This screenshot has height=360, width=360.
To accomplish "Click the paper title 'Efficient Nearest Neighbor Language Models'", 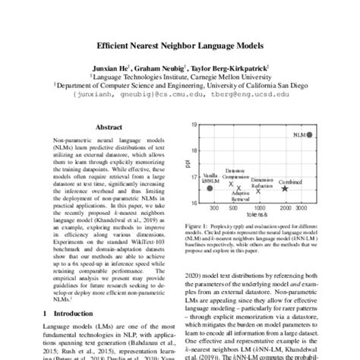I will coord(180,45).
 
